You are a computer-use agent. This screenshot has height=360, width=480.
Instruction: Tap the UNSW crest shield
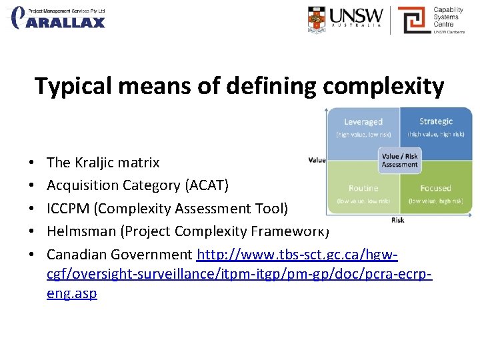pos(317,19)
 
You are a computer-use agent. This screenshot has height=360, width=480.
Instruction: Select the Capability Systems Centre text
pos(448,18)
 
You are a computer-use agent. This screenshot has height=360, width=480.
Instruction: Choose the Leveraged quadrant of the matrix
pos(363,127)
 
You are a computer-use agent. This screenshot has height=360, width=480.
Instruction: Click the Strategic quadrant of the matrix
pos(436,127)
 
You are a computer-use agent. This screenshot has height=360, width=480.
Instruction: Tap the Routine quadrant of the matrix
pos(363,193)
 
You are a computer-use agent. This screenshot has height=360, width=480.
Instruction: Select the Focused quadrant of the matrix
pos(436,193)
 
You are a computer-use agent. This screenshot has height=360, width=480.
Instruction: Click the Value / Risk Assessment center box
pos(399,161)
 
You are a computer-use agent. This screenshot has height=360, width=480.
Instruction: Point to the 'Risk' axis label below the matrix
pos(397,220)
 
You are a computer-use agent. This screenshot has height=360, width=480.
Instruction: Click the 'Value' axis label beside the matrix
pos(317,160)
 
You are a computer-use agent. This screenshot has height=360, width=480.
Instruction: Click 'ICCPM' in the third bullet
pos(69,209)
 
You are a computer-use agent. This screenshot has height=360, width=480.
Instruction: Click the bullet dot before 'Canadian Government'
pos(32,255)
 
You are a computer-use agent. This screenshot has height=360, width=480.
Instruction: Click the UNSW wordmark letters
pos(356,16)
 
